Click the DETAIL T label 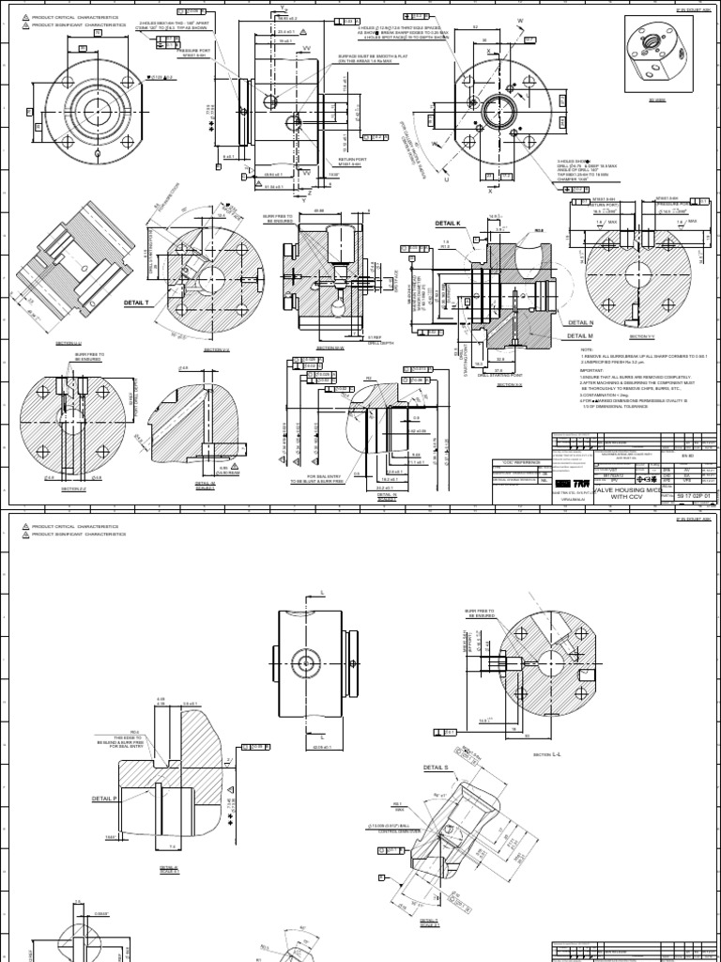click(x=136, y=303)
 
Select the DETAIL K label click(x=448, y=224)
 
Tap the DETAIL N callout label click(x=579, y=322)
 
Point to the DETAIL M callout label click(x=579, y=334)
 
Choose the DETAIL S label click(x=437, y=768)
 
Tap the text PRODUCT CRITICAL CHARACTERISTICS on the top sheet click(x=72, y=17)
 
